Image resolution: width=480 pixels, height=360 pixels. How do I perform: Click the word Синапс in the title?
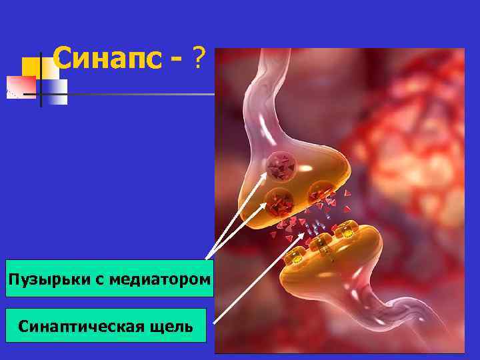point(106,60)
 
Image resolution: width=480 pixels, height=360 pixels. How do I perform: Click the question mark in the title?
point(199,61)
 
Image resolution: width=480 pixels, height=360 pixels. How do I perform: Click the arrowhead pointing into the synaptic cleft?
point(308,233)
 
